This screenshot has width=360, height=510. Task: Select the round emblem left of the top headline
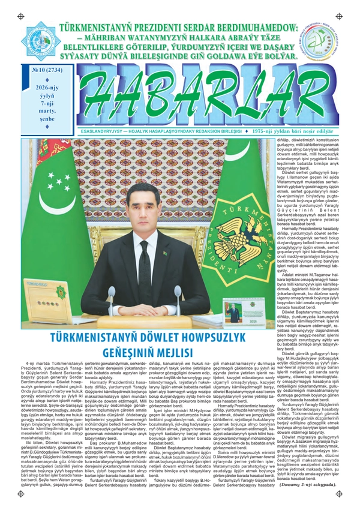[40, 41]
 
